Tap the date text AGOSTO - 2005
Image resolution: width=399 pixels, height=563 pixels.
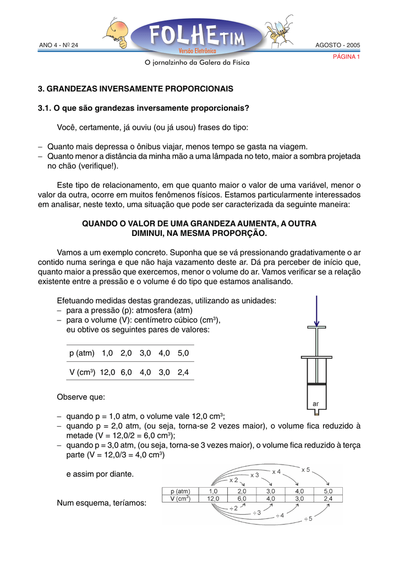point(337,45)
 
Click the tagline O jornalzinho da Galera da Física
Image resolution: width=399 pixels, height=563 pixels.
point(196,63)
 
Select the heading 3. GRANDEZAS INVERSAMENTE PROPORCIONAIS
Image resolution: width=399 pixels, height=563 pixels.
point(135,88)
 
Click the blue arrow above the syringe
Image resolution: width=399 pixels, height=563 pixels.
point(317,311)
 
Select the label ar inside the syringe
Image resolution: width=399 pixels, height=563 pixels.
point(316,404)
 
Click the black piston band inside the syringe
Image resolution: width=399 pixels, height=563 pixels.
point(316,383)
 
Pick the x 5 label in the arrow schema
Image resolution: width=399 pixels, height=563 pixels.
point(306,470)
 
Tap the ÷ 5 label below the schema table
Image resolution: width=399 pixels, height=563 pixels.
point(308,518)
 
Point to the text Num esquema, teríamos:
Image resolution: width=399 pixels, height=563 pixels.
point(101,503)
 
